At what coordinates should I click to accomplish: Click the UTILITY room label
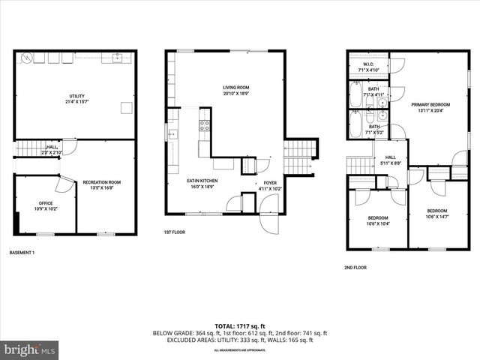pos(76,96)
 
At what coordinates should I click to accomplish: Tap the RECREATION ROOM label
pos(101,182)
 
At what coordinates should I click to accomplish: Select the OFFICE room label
pos(44,202)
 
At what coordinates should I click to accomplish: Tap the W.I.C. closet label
pos(368,64)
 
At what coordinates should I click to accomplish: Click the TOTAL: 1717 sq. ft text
pos(240,325)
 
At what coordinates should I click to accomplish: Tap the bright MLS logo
pos(29,349)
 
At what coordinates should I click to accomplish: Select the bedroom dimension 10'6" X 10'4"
pos(376,223)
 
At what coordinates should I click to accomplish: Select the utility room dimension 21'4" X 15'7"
pos(76,102)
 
